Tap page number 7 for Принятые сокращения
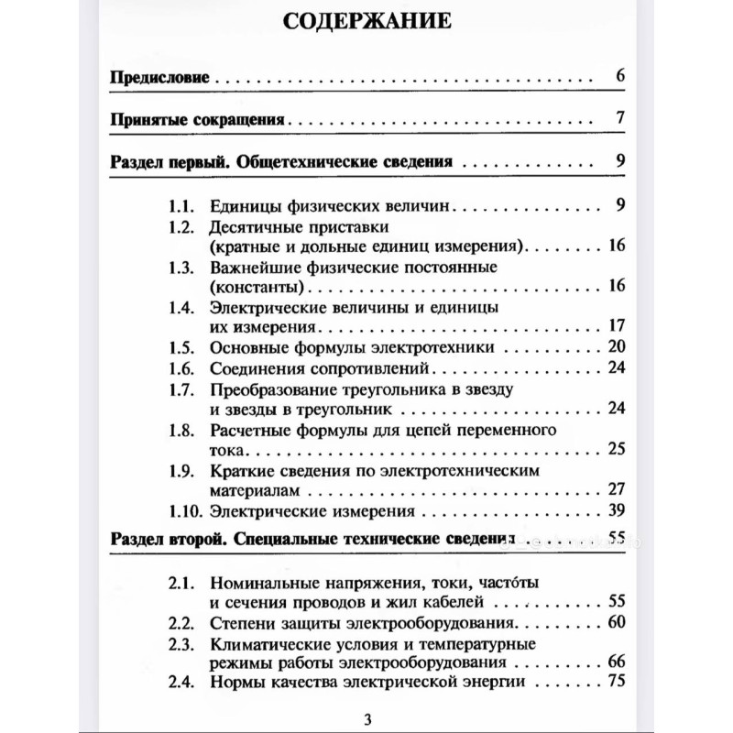tap(619, 119)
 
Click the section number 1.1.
tap(182, 204)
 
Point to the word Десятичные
tap(256, 226)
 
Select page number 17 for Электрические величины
tap(615, 326)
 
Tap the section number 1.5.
tap(182, 346)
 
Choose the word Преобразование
tap(276, 389)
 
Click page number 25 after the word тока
tap(615, 449)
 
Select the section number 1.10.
tap(186, 510)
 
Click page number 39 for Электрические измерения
tap(615, 510)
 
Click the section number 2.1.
tap(182, 582)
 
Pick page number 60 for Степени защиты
tap(615, 623)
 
